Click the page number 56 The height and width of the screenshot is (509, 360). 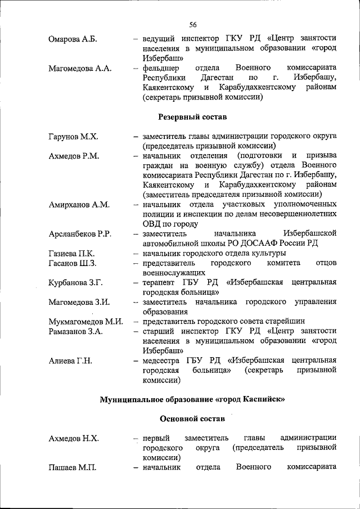[x=193, y=24]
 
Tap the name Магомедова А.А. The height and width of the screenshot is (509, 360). [x=80, y=69]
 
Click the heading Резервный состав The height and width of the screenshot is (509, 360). [x=191, y=117]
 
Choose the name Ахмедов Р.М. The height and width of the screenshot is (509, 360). [x=74, y=156]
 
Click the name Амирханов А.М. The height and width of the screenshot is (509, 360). [x=79, y=204]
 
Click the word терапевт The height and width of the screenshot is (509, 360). [x=158, y=282]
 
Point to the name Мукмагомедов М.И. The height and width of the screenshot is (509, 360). [x=85, y=321]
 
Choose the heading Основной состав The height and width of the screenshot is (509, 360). [x=191, y=419]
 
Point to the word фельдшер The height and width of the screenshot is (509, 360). [x=160, y=68]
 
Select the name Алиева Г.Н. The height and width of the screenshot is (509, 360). [x=70, y=361]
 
